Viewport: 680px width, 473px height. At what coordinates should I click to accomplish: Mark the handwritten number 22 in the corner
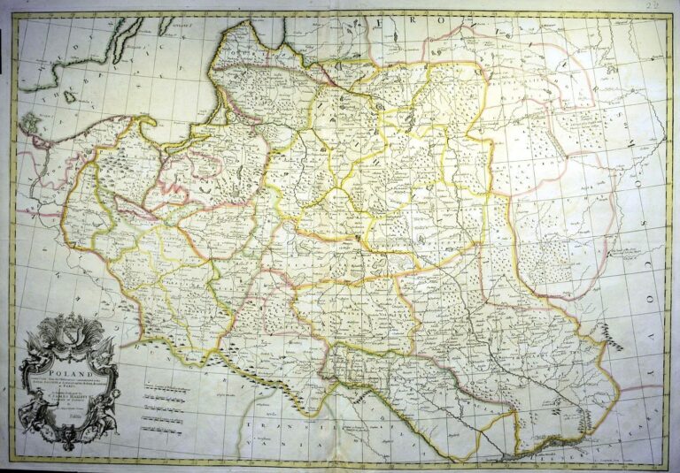click(x=653, y=7)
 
